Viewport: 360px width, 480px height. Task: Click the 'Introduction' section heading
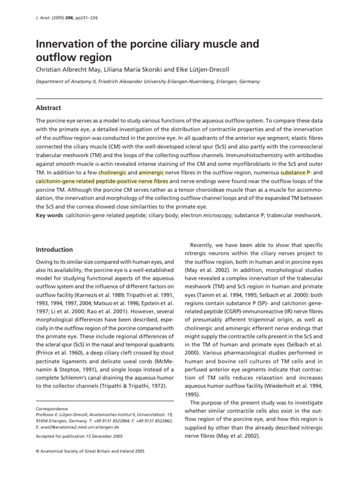tap(54, 250)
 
